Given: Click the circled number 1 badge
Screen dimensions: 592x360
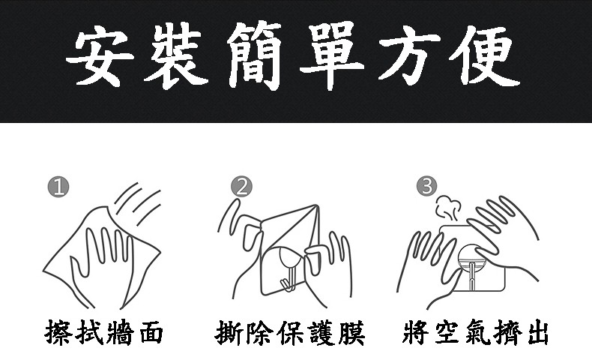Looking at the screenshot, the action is point(58,187).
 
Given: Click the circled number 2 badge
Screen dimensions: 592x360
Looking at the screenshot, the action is point(241,187).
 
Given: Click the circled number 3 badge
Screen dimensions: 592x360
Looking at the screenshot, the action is point(427,186).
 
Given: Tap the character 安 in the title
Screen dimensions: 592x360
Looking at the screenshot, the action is point(100,57).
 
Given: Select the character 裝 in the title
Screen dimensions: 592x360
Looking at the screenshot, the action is point(176,55).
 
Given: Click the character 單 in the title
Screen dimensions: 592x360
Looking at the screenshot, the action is point(332,55).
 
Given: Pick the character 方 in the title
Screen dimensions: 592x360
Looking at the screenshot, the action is point(409,57).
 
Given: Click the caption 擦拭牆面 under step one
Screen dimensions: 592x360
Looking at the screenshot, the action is point(104,333).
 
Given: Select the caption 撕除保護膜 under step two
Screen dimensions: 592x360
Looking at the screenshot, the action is point(290,333).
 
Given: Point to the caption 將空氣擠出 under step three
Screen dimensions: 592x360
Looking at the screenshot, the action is point(475,333).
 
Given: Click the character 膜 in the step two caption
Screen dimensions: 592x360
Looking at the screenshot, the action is point(351,333).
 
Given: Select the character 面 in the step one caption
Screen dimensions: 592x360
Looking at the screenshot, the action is point(151,333).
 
